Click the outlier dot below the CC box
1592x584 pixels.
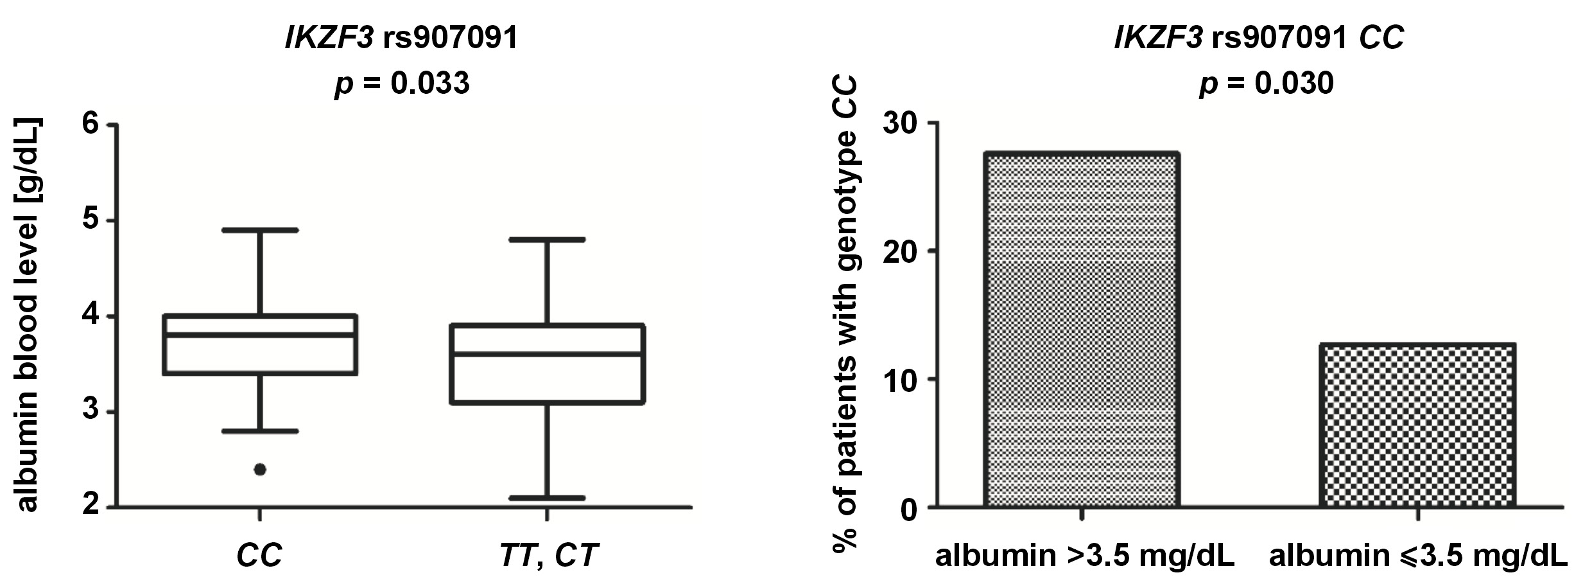tap(260, 470)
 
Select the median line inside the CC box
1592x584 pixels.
tap(260, 335)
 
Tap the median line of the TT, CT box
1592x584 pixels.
tap(547, 353)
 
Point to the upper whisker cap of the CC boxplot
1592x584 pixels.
tap(260, 230)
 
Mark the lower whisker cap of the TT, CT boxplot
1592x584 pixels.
tap(547, 498)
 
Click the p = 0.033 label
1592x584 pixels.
tap(402, 84)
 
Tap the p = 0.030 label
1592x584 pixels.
tap(1266, 84)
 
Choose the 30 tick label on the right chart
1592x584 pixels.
tap(901, 123)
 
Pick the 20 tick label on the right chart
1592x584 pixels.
tap(901, 251)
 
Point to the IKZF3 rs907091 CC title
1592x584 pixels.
tap(1259, 39)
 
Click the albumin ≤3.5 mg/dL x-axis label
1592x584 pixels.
tap(1418, 556)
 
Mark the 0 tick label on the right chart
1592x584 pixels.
tap(910, 509)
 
